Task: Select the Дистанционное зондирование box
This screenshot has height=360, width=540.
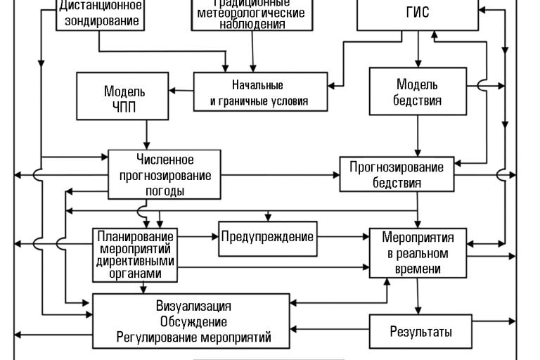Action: click(100, 14)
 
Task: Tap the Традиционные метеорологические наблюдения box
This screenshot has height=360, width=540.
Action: click(251, 14)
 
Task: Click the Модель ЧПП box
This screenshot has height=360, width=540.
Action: click(124, 99)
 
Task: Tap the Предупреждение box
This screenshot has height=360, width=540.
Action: click(267, 237)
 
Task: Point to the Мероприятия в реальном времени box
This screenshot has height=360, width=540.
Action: click(418, 252)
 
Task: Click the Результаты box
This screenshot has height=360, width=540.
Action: click(420, 331)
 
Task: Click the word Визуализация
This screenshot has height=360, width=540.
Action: click(193, 307)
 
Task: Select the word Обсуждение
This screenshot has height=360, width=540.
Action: click(193, 322)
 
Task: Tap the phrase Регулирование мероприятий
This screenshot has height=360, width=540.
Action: click(193, 337)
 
